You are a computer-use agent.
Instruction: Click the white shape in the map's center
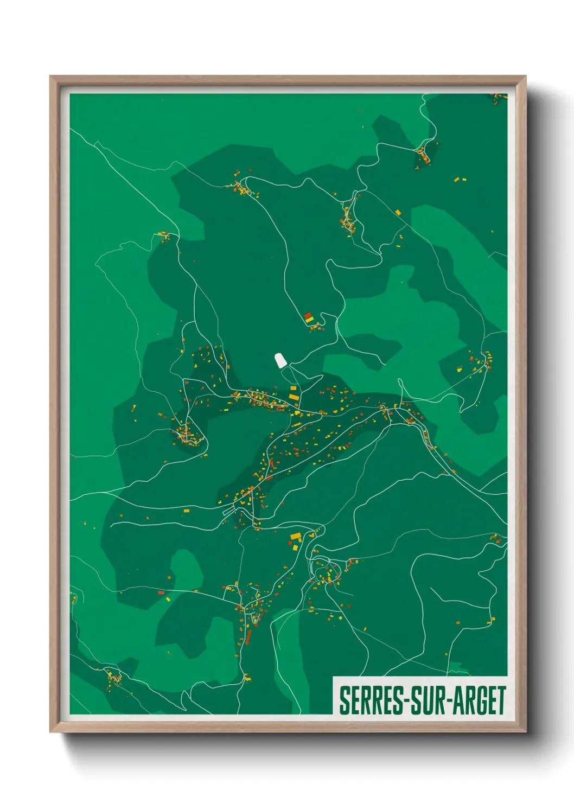click(x=280, y=360)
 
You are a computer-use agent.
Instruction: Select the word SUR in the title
click(x=427, y=700)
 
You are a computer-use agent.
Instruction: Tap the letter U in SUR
click(x=427, y=700)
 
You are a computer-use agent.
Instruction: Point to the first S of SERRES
click(x=344, y=700)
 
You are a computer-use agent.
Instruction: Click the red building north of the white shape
click(x=307, y=315)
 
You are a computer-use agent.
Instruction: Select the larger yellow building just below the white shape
click(x=294, y=397)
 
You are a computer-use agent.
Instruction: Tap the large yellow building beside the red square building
click(x=296, y=537)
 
